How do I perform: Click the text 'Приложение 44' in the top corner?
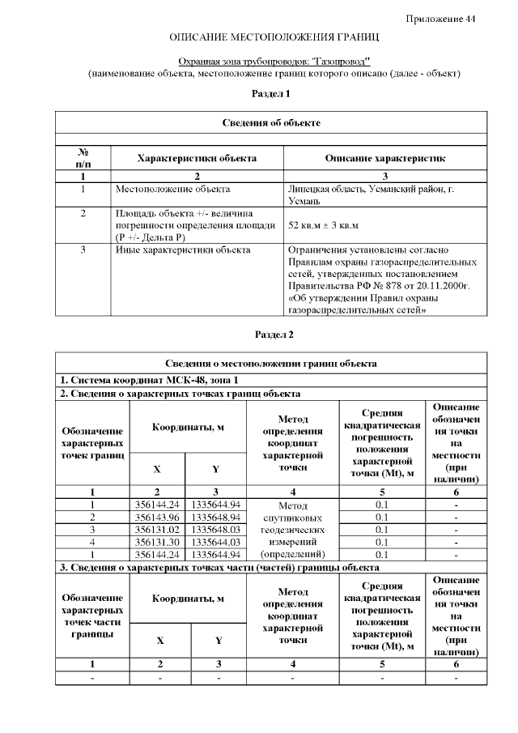point(440,19)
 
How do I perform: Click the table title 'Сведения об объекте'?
point(271,122)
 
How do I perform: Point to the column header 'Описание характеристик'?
point(384,158)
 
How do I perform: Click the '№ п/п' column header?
point(83,158)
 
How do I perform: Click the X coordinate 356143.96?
point(157,517)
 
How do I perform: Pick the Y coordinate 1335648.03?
point(215,530)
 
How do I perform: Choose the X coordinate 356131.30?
point(157,542)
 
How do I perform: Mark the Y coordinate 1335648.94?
point(215,517)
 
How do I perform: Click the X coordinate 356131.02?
point(157,530)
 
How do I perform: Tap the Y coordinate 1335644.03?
point(215,542)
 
